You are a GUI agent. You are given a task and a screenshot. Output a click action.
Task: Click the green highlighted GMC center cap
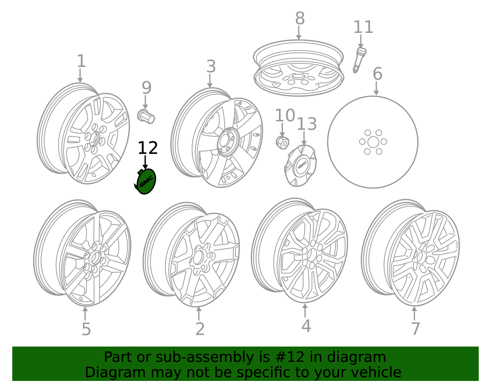(146, 181)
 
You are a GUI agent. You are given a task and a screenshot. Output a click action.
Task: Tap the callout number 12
(148, 148)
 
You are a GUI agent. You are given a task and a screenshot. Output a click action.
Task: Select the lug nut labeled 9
(146, 116)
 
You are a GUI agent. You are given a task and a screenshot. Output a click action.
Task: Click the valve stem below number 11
(359, 60)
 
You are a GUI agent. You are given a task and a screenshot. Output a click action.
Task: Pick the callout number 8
(300, 18)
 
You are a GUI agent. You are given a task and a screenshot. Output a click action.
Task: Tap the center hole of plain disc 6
(373, 142)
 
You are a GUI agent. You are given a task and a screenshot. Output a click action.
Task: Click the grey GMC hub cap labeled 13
(300, 166)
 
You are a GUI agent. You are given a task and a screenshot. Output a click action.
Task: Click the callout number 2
(200, 329)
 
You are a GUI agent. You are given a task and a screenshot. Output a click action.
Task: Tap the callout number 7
(416, 329)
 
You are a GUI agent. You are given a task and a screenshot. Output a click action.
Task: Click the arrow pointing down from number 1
(80, 76)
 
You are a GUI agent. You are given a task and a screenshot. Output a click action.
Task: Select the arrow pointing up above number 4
(305, 310)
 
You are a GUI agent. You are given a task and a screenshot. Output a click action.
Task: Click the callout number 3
(211, 66)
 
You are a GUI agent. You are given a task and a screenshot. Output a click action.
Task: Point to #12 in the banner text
(290, 357)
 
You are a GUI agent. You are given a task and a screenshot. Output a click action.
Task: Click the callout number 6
(377, 74)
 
